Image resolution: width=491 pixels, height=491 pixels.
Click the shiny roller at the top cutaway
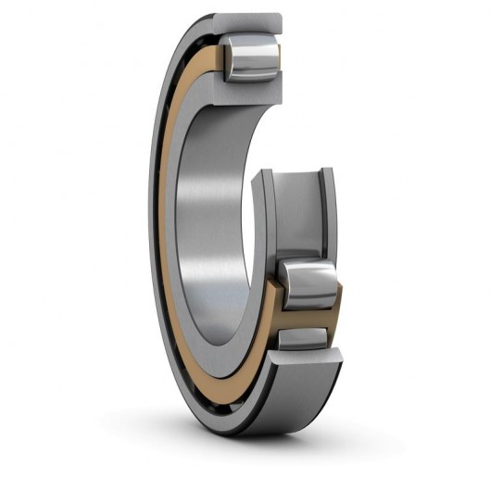tap(252, 61)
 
